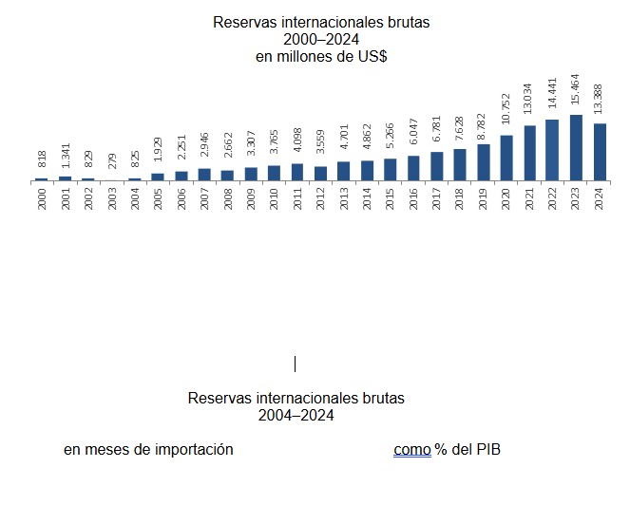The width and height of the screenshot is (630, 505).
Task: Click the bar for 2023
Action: pos(576,147)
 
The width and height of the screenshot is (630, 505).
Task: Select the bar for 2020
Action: pos(506,158)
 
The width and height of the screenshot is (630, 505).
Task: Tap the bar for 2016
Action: pos(413,168)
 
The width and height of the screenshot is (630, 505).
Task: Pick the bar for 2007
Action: pos(204,175)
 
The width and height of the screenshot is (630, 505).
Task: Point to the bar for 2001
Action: pos(65,178)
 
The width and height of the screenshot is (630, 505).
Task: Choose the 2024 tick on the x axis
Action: pos(599,198)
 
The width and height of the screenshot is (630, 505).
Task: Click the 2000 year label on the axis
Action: pos(42,198)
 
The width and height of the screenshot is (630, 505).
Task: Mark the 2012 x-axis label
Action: pos(320,198)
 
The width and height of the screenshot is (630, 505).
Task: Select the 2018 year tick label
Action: pos(460,198)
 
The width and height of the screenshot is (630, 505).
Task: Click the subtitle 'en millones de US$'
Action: pos(320,57)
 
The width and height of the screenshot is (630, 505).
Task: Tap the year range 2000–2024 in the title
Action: pos(320,39)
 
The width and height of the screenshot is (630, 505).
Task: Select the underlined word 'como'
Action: pos(412,449)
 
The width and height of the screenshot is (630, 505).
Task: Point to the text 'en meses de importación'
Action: pos(148,449)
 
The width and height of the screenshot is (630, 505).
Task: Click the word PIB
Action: pos(487,449)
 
